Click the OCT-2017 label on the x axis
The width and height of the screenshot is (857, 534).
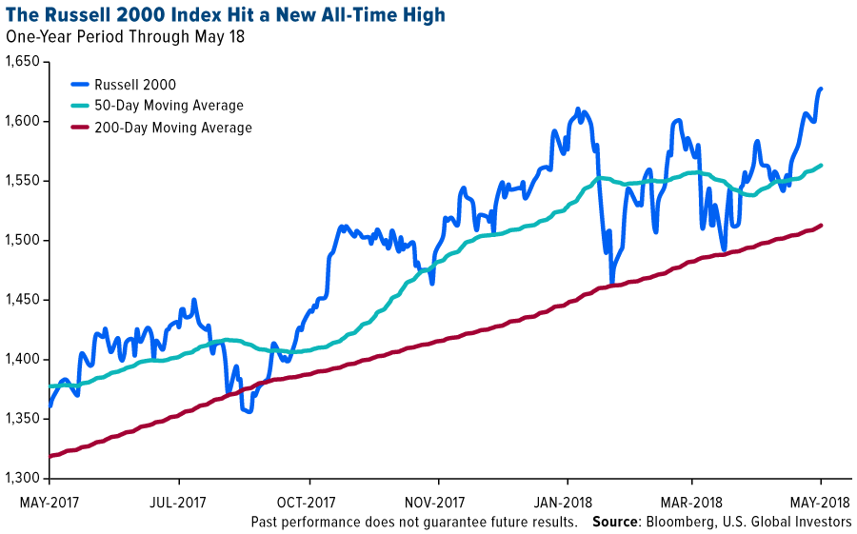[x=307, y=501]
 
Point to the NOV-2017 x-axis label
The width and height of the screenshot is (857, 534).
[x=435, y=501]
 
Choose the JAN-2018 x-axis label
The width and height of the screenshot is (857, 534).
[x=567, y=501]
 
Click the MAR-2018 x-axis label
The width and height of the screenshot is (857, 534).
[x=691, y=501]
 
